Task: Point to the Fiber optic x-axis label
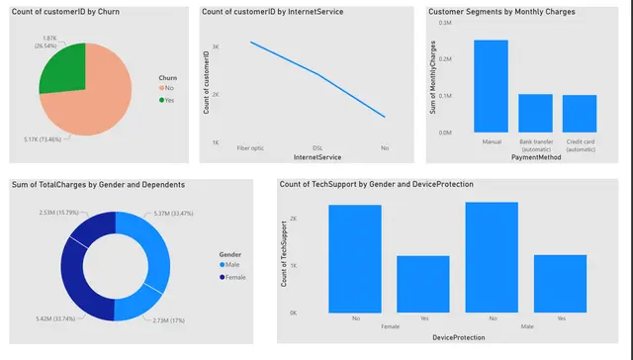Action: pyautogui.click(x=250, y=147)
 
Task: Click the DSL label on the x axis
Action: pyautogui.click(x=317, y=147)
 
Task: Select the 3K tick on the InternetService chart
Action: pyautogui.click(x=215, y=46)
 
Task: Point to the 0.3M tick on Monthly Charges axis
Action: pyautogui.click(x=445, y=23)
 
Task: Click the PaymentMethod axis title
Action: pyautogui.click(x=535, y=157)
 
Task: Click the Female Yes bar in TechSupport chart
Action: pyautogui.click(x=423, y=284)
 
